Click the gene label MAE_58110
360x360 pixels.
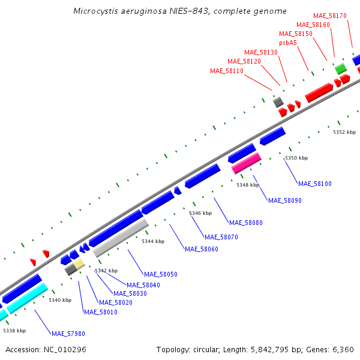[227, 71]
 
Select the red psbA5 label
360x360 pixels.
[288, 43]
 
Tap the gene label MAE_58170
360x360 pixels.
[330, 16]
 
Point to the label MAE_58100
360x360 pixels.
[315, 184]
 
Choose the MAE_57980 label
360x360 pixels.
[68, 334]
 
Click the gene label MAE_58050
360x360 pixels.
[161, 274]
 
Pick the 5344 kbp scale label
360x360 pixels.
[153, 241]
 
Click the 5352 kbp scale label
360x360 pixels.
[344, 132]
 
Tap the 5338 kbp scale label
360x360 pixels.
[14, 331]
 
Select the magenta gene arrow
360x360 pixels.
[246, 163]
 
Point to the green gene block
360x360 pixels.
[340, 68]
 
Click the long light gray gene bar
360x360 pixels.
[121, 238]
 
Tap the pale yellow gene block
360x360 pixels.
[79, 264]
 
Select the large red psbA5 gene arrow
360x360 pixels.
[319, 92]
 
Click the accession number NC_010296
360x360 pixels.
[66, 349]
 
